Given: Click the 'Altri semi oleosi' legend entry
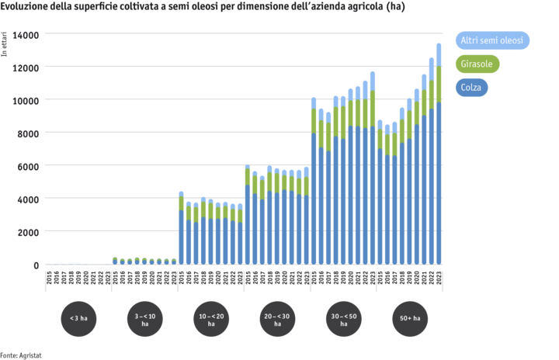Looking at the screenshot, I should pyautogui.click(x=491, y=40).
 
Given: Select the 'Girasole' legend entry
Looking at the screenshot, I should pyautogui.click(x=477, y=64).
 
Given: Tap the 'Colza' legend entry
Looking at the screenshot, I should pyautogui.click(x=471, y=88).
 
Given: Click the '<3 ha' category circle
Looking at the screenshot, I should pyautogui.click(x=78, y=318).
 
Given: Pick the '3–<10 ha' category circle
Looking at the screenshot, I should pyautogui.click(x=144, y=318).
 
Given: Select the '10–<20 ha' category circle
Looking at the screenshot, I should pyautogui.click(x=210, y=318).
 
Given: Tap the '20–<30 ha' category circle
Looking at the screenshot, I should pyautogui.click(x=276, y=318).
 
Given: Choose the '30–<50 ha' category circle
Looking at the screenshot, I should pyautogui.click(x=343, y=318).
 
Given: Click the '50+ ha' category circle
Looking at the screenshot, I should pyautogui.click(x=409, y=318).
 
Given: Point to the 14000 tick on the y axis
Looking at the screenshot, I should pyautogui.click(x=25, y=35).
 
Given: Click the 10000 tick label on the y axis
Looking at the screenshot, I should pyautogui.click(x=25, y=100).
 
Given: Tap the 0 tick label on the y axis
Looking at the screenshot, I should pyautogui.click(x=34, y=265).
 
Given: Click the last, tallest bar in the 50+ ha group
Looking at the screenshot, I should pyautogui.click(x=439, y=155).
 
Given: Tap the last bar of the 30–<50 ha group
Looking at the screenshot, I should pyautogui.click(x=373, y=171).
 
